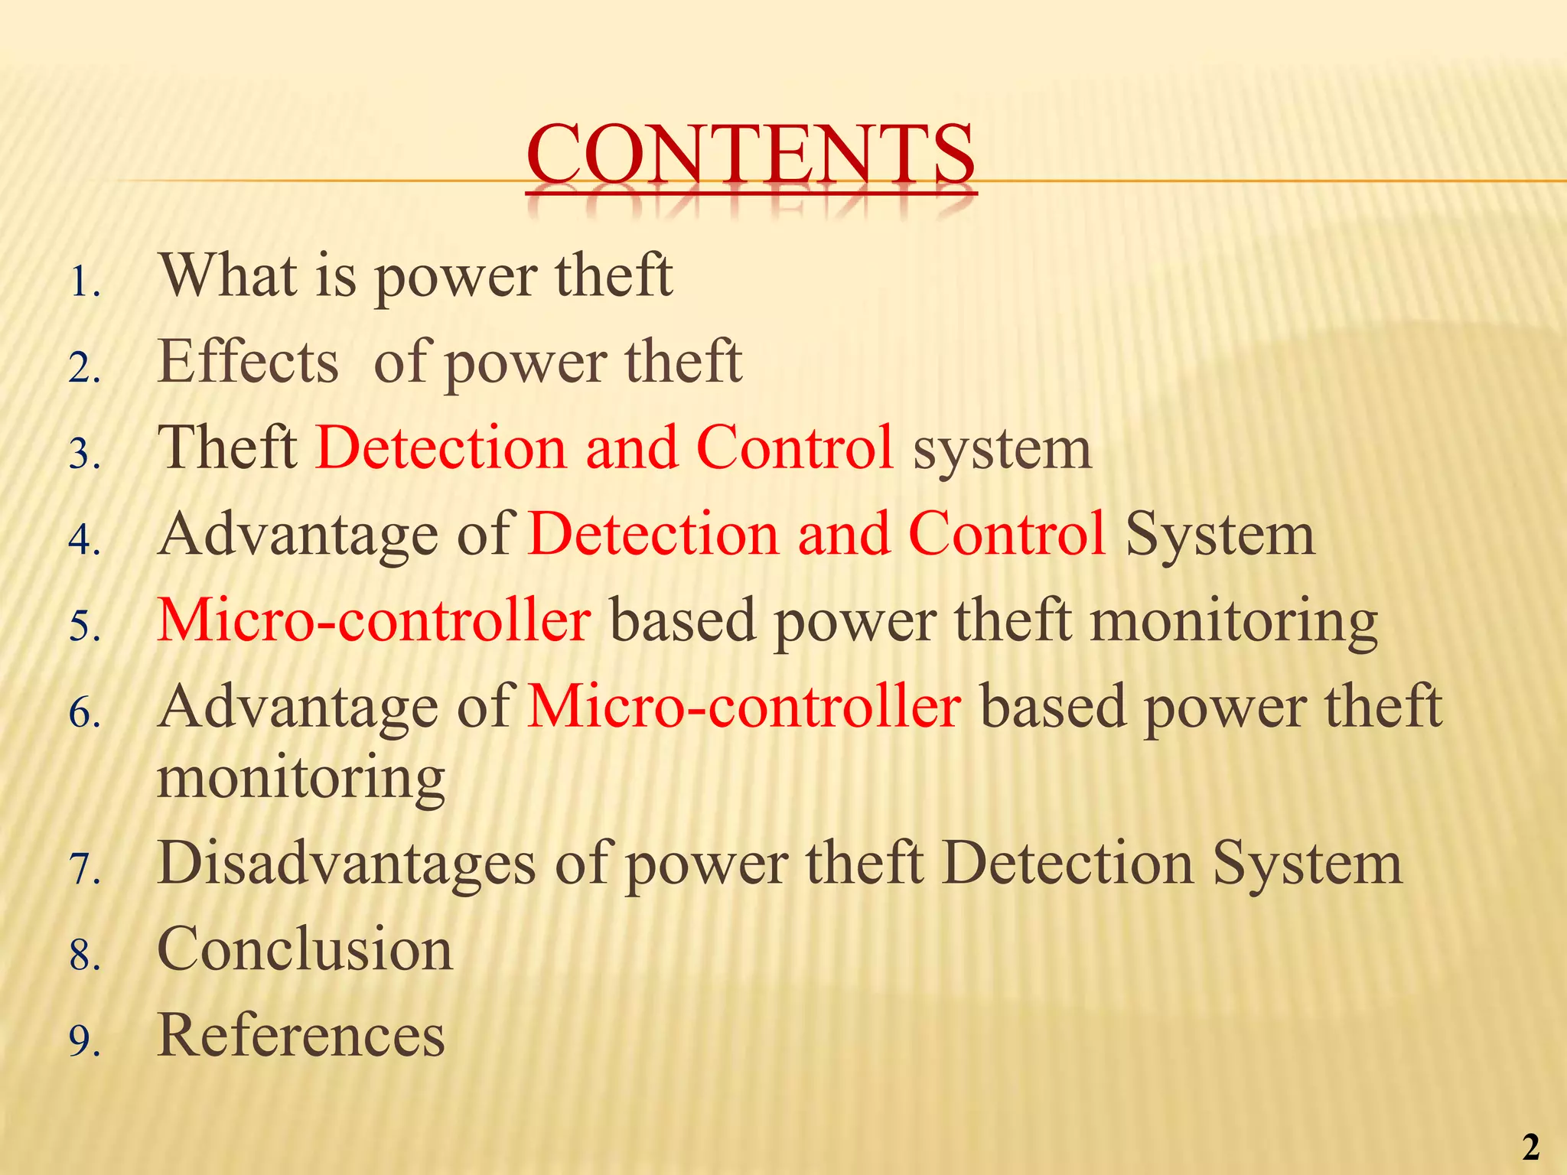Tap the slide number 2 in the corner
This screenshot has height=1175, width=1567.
[1530, 1147]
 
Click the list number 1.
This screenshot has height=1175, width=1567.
[83, 284]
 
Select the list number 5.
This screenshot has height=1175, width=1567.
[83, 627]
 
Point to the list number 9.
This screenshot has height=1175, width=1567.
[83, 1041]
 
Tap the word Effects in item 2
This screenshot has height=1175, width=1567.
[248, 362]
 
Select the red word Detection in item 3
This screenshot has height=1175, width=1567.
[441, 448]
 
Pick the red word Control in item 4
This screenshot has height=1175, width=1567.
[1007, 534]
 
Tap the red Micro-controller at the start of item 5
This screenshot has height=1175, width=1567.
[373, 620]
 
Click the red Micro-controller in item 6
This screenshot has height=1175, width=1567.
[744, 706]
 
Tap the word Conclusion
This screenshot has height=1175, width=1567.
[305, 949]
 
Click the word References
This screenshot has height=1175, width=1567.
[301, 1035]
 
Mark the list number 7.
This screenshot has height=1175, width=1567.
[83, 871]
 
